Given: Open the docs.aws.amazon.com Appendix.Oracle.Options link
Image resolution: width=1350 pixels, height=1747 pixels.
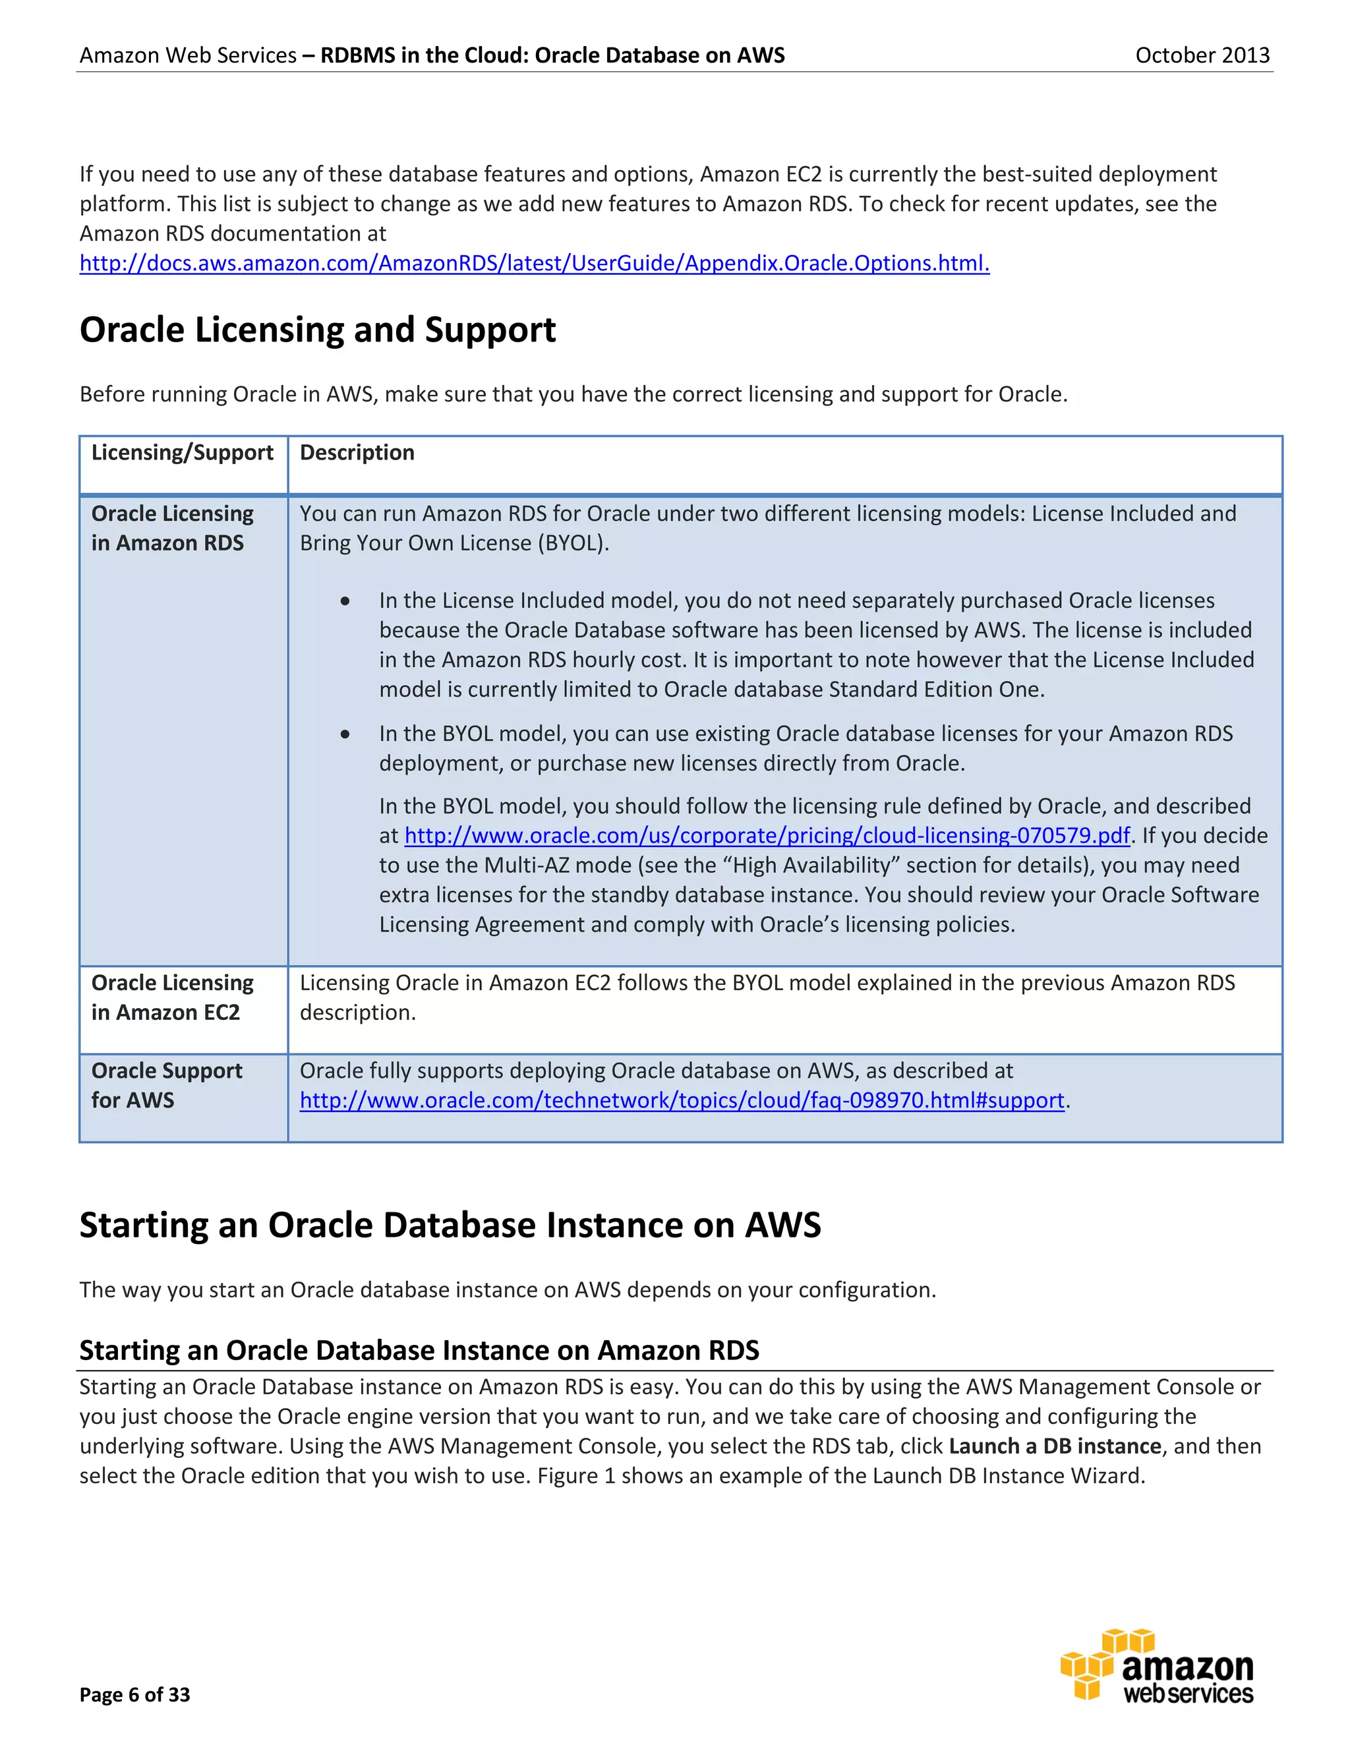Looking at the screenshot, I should tap(534, 263).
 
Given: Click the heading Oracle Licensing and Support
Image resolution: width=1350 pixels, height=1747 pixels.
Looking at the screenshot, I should tap(318, 330).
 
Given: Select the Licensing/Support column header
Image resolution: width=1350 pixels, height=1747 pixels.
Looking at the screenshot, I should tap(183, 453).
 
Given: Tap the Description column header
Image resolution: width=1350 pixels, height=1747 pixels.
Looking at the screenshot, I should tap(357, 453).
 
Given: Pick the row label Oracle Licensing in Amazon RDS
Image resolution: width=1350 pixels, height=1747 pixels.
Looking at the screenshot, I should tap(172, 528).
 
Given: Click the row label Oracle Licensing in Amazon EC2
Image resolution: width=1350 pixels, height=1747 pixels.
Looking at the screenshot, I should tap(172, 997).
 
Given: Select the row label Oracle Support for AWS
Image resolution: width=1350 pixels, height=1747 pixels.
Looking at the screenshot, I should tap(166, 1086).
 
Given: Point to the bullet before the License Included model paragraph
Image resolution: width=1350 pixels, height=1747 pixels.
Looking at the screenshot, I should tap(345, 601).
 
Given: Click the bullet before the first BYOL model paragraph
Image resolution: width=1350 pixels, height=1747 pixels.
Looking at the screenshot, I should tap(345, 734).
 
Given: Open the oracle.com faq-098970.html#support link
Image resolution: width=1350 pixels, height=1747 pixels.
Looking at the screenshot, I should tap(682, 1101).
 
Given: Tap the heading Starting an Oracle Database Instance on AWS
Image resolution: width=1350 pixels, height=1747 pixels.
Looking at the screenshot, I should tap(450, 1226).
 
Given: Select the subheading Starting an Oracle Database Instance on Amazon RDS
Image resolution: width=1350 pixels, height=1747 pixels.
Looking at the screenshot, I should tap(419, 1350).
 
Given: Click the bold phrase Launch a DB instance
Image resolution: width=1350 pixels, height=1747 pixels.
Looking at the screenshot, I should tap(1054, 1446).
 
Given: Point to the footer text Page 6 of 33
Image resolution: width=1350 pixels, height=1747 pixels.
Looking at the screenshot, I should tap(134, 1694).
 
